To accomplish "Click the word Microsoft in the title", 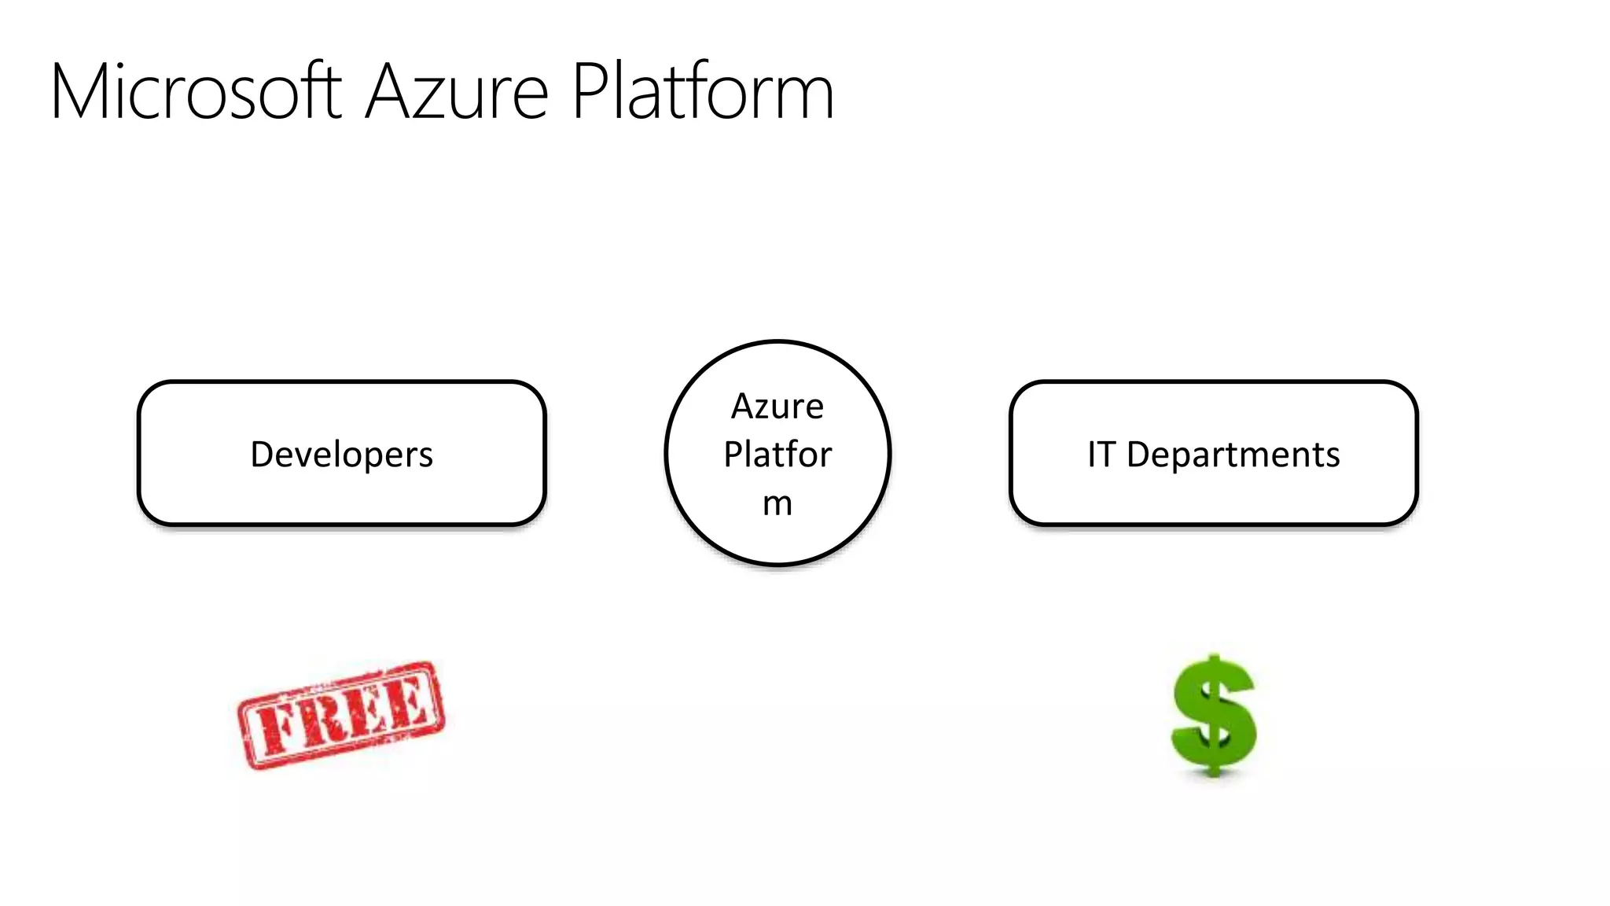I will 197,92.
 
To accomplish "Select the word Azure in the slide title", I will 457,92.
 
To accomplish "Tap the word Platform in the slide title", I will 702,92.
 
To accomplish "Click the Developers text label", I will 341,455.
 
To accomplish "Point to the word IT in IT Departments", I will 1101,455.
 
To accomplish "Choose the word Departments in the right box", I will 1233,455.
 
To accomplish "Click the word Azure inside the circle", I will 777,407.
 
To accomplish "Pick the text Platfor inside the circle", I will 777,455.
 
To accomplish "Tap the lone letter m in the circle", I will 777,503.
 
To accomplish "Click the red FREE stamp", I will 341,714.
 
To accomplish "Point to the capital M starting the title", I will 79,92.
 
